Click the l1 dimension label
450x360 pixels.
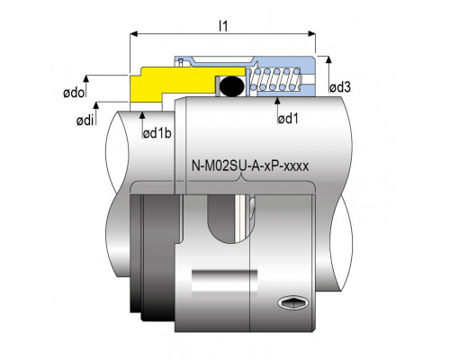click(x=223, y=26)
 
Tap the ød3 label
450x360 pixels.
click(x=340, y=87)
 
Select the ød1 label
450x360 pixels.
click(x=288, y=119)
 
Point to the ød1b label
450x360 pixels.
click(x=157, y=133)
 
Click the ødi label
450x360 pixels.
click(x=85, y=121)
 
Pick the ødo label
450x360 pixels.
click(x=74, y=93)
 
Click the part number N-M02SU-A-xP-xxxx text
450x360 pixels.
click(x=250, y=166)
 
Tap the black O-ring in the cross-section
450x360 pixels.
click(x=231, y=86)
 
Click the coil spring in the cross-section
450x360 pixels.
click(x=274, y=79)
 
